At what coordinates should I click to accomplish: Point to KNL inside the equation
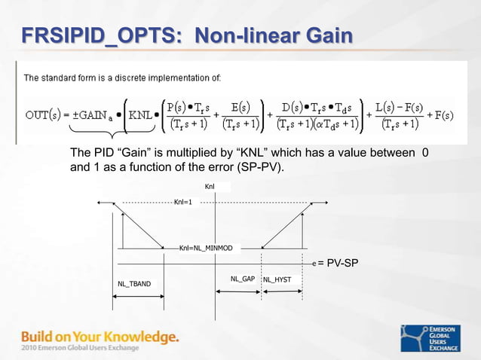(x=140, y=116)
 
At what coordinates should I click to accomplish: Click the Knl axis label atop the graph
(x=210, y=186)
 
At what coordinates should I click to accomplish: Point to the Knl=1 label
(x=182, y=202)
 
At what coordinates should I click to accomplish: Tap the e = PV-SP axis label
(x=335, y=263)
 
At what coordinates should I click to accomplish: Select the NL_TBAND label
(x=134, y=283)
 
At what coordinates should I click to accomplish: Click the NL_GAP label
(x=243, y=279)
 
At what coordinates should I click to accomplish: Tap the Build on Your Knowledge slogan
(x=100, y=336)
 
